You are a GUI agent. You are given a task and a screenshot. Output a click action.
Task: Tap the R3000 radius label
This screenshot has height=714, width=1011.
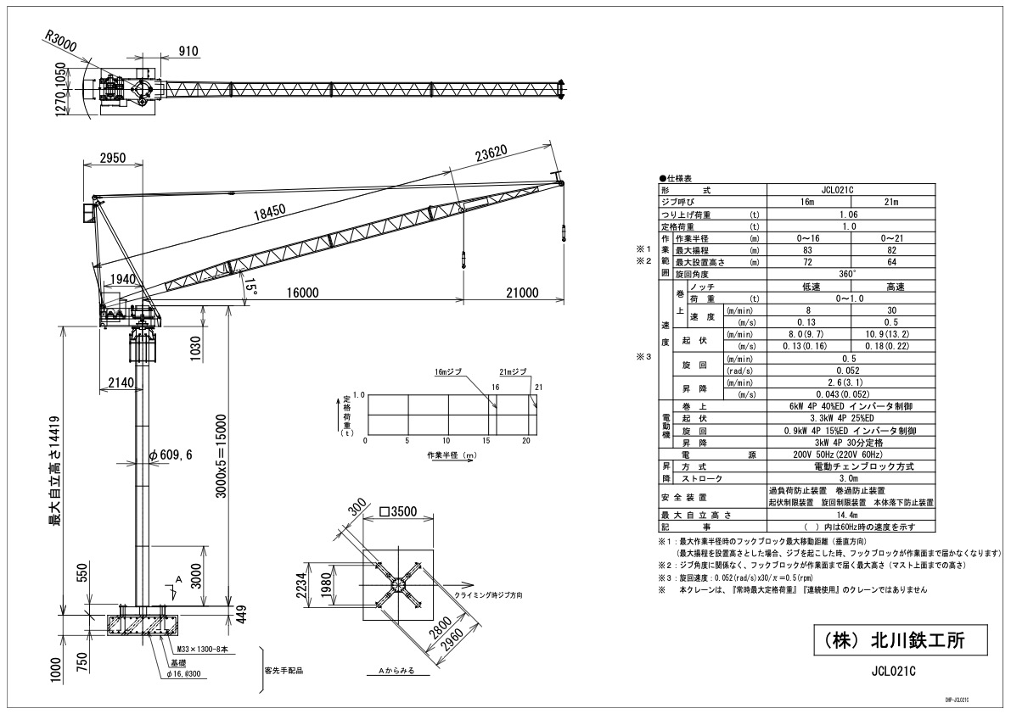tap(61, 40)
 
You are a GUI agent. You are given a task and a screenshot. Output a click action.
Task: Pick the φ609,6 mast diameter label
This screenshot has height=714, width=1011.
tap(171, 455)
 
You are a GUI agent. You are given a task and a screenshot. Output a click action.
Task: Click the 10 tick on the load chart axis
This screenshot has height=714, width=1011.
tap(447, 442)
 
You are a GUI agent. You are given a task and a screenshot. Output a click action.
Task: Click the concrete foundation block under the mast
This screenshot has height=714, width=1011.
tap(141, 626)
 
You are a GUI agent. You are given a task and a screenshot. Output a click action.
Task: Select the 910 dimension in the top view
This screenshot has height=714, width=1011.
tap(188, 51)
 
